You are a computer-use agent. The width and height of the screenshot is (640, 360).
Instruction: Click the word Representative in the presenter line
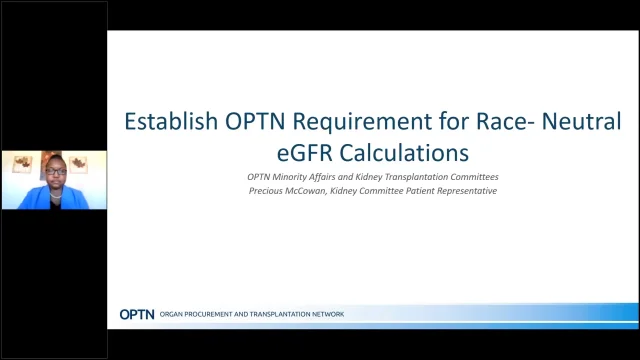[x=462, y=190]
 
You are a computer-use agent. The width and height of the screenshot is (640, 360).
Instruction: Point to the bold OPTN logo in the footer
[x=136, y=314]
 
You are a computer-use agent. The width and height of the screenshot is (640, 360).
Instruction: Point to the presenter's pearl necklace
[x=52, y=190]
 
